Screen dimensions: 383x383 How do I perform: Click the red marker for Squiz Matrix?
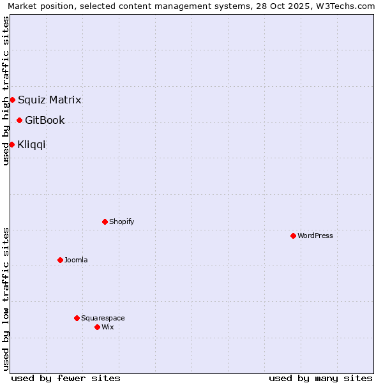(x=12, y=100)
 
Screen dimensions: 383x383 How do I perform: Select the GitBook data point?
(x=19, y=120)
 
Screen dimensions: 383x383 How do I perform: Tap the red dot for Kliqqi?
(x=11, y=144)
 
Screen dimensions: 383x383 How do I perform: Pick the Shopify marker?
(x=105, y=222)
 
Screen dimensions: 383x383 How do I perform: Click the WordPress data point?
(x=293, y=236)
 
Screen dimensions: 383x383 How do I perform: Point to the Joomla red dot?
(x=60, y=260)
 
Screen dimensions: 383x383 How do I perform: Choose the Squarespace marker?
(x=77, y=318)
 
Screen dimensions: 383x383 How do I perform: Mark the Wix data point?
(x=97, y=327)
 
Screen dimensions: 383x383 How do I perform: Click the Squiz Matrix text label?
(x=49, y=100)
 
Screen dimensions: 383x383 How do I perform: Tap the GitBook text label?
(x=45, y=120)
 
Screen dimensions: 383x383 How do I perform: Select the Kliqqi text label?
(x=31, y=144)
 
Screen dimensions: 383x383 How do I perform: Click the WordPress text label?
(x=315, y=236)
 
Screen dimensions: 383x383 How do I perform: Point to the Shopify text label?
(x=121, y=222)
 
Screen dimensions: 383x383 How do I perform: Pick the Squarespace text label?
(x=103, y=318)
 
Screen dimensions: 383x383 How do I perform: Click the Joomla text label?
(x=76, y=260)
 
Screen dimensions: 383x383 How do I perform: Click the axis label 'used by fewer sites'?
(x=66, y=378)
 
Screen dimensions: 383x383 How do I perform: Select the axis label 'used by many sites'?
(x=320, y=378)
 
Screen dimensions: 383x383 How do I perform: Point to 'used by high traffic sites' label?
(x=6, y=91)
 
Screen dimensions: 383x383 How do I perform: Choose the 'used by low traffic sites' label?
(x=6, y=299)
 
